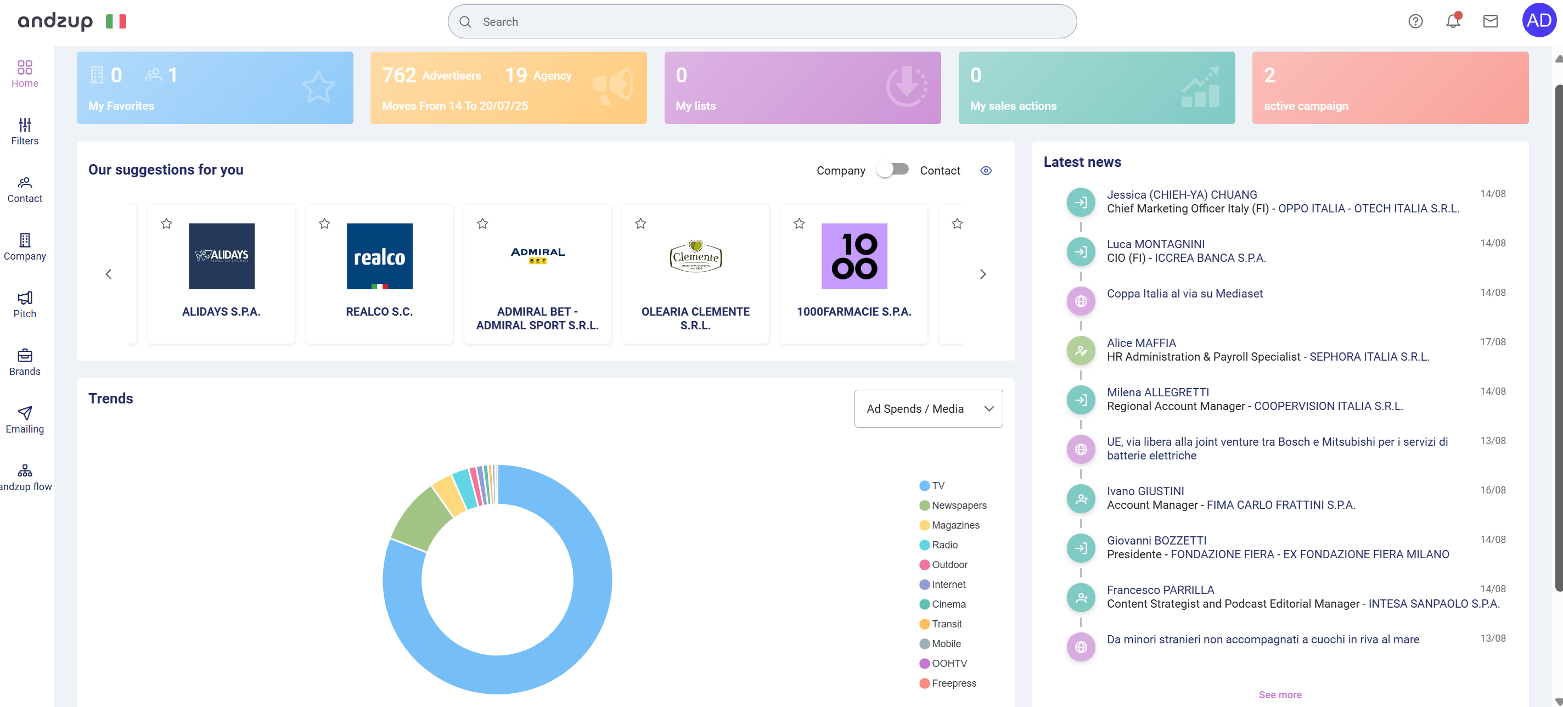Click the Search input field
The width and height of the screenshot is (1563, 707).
(x=762, y=22)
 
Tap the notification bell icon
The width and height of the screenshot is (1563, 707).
(x=1453, y=21)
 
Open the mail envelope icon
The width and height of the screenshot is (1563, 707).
(x=1490, y=21)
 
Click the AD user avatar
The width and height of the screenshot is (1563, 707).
(x=1539, y=21)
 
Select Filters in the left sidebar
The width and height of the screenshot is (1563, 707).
(x=25, y=131)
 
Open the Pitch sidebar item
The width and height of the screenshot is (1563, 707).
(x=25, y=304)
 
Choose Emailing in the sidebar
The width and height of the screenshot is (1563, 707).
(x=25, y=419)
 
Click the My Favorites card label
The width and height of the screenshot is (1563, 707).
(x=121, y=105)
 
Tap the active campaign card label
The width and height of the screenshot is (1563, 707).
(x=1306, y=105)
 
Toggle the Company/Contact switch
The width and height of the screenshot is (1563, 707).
(x=892, y=169)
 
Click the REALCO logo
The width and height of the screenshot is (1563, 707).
(x=379, y=256)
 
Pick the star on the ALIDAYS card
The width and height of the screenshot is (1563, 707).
(x=166, y=223)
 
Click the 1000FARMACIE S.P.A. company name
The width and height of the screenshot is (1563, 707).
(x=854, y=311)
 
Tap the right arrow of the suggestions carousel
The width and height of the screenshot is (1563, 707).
(x=983, y=274)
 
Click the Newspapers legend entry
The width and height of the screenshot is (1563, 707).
(x=959, y=505)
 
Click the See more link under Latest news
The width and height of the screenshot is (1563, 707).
(x=1280, y=694)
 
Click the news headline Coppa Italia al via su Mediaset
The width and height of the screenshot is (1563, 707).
(x=1184, y=293)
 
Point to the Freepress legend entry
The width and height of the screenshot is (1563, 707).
(x=953, y=683)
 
